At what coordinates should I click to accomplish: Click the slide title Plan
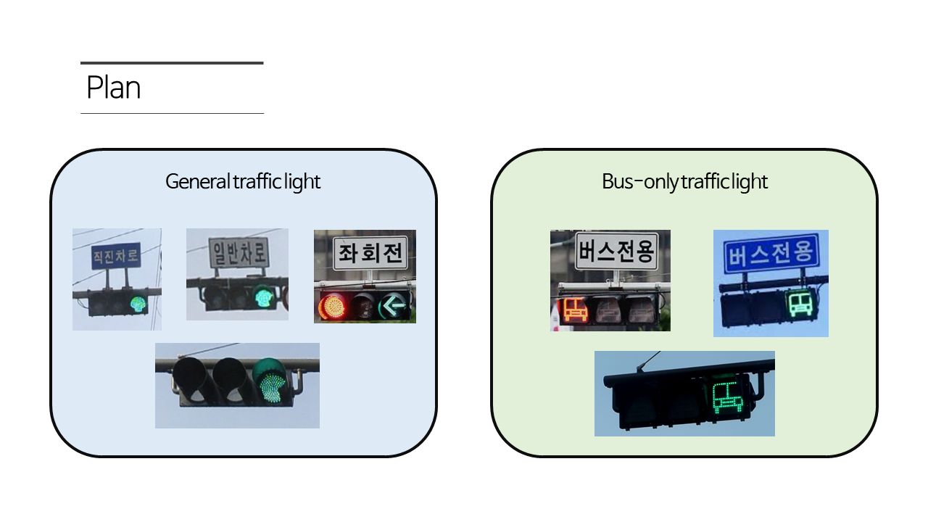pos(113,88)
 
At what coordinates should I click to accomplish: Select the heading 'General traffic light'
pos(243,181)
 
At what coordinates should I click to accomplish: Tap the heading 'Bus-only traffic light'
pos(684,181)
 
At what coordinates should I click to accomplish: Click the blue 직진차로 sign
pos(116,256)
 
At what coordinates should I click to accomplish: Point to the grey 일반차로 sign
pos(239,253)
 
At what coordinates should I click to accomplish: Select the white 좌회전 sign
pos(370,254)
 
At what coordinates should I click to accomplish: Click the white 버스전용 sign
pos(616,252)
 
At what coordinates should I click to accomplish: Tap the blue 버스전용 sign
pos(771,254)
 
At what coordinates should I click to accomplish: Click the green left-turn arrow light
pos(394,307)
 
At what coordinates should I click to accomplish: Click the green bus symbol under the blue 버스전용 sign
pos(798,304)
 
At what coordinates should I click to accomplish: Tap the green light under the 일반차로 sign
pos(263,296)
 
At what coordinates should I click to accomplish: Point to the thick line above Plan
pos(172,63)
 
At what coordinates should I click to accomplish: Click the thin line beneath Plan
pos(172,113)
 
